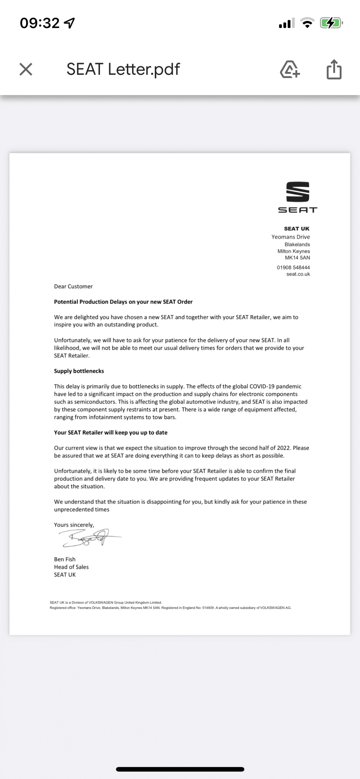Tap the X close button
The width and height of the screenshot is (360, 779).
(26, 69)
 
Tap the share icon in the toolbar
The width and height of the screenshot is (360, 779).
(334, 69)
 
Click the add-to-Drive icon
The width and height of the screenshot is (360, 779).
(290, 69)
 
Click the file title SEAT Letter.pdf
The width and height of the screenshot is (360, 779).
(123, 69)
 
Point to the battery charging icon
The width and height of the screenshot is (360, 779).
(331, 23)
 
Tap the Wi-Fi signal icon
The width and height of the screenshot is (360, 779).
(307, 23)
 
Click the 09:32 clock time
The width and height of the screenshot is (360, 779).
(40, 23)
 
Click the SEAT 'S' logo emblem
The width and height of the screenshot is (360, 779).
(298, 192)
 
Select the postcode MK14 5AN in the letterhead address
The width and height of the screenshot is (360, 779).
(297, 258)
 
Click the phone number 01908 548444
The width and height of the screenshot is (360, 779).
(293, 267)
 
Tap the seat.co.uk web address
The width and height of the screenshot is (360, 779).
(298, 274)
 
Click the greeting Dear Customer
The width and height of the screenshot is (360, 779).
(73, 286)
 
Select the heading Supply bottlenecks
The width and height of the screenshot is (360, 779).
(79, 371)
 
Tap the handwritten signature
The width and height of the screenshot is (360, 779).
(89, 538)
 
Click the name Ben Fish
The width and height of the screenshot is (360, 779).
(65, 559)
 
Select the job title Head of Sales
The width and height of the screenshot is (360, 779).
(71, 567)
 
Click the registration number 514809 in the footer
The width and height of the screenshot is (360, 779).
(208, 608)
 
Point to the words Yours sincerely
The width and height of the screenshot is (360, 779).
(74, 525)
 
